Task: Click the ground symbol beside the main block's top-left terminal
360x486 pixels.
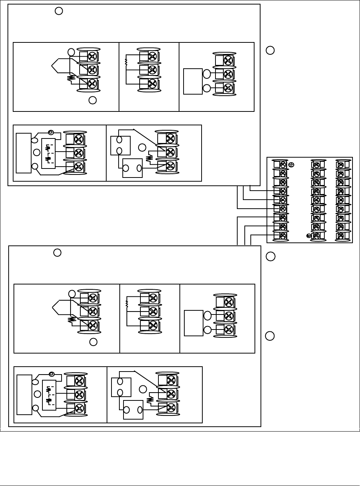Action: [291, 164]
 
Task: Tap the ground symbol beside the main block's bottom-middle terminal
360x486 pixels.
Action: [309, 236]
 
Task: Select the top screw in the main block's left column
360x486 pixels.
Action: [283, 164]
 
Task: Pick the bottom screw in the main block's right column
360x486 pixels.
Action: [341, 236]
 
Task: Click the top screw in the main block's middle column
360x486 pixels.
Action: [316, 164]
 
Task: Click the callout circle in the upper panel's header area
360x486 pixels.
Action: [59, 11]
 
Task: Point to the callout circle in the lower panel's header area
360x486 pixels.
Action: [57, 253]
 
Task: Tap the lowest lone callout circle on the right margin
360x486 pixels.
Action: [270, 336]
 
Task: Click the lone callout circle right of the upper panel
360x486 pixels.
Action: [270, 50]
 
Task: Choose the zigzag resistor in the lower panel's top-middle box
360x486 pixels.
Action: [127, 304]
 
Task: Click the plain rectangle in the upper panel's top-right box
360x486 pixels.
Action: [193, 81]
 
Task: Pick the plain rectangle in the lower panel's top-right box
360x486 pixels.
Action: [194, 323]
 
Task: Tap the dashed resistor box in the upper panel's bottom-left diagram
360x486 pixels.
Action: [48, 153]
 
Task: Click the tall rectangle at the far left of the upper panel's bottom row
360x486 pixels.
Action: [24, 153]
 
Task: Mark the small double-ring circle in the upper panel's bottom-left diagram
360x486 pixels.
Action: [51, 132]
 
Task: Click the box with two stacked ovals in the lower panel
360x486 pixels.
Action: [121, 387]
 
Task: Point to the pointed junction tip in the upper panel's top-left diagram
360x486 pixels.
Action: [52, 66]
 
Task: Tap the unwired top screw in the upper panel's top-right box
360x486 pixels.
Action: [228, 60]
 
